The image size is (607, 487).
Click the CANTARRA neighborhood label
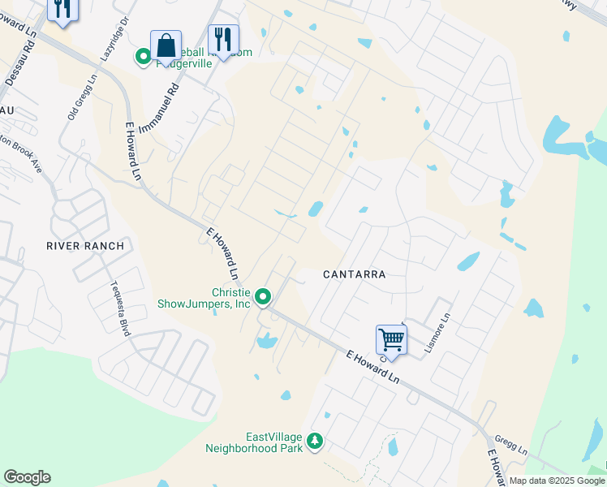point(354,274)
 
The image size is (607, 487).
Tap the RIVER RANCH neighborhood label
point(85,246)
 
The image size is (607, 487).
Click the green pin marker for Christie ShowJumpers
point(263,298)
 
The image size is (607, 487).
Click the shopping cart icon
point(391,339)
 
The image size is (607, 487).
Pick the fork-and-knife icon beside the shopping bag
point(222,39)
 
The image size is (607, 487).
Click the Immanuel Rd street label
point(158,111)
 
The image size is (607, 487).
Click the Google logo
point(27,477)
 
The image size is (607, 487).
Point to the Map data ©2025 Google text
point(557,481)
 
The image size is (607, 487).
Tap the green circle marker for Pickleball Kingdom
point(143,56)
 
